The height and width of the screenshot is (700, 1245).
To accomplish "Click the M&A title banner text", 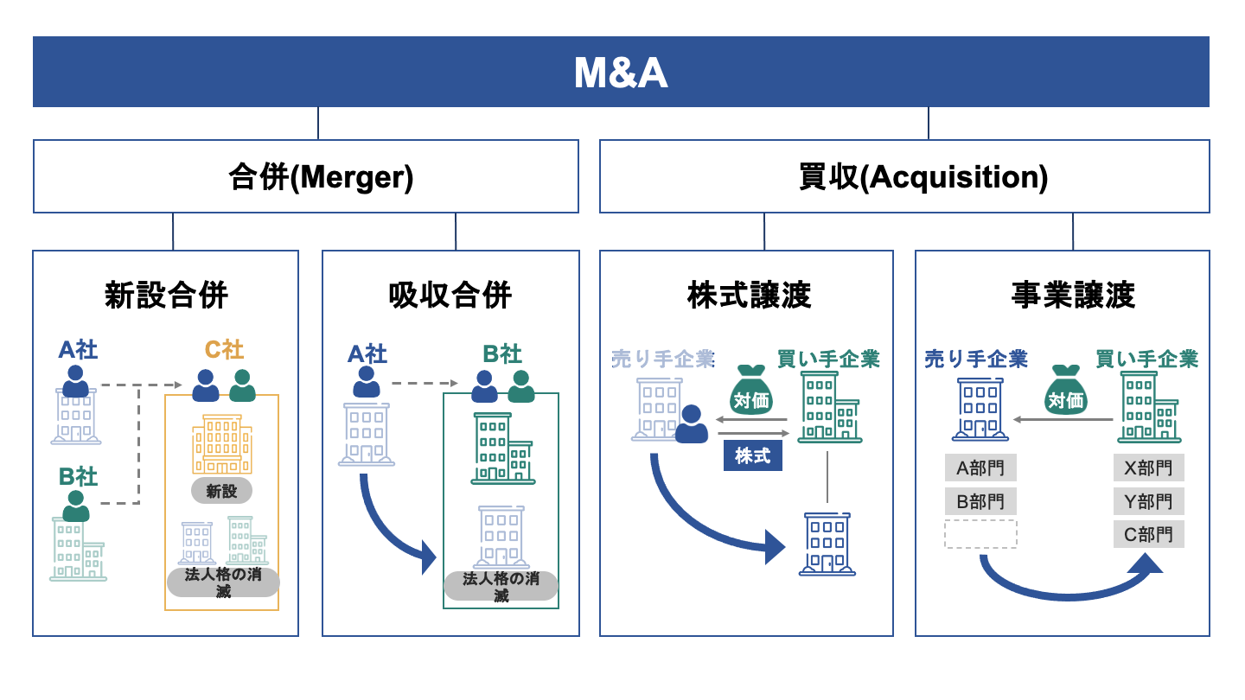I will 621,73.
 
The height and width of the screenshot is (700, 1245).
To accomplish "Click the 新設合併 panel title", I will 165,296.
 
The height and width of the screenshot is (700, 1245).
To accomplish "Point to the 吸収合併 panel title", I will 450,296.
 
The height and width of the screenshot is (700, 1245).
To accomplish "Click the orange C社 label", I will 223,350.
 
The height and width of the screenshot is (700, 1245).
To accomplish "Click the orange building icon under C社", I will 222,443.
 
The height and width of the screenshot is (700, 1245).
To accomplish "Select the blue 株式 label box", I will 752,455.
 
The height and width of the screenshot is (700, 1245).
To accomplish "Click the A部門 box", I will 980,469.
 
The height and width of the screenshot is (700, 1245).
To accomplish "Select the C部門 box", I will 1148,535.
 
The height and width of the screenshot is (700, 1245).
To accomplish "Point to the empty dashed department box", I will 980,534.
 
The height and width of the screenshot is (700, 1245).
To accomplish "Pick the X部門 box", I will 1148,468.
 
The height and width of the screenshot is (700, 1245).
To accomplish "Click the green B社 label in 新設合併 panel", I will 78,476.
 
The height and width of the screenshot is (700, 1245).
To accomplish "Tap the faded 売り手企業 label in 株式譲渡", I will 662,359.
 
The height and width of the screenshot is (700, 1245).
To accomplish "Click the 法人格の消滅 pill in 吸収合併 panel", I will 501,586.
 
